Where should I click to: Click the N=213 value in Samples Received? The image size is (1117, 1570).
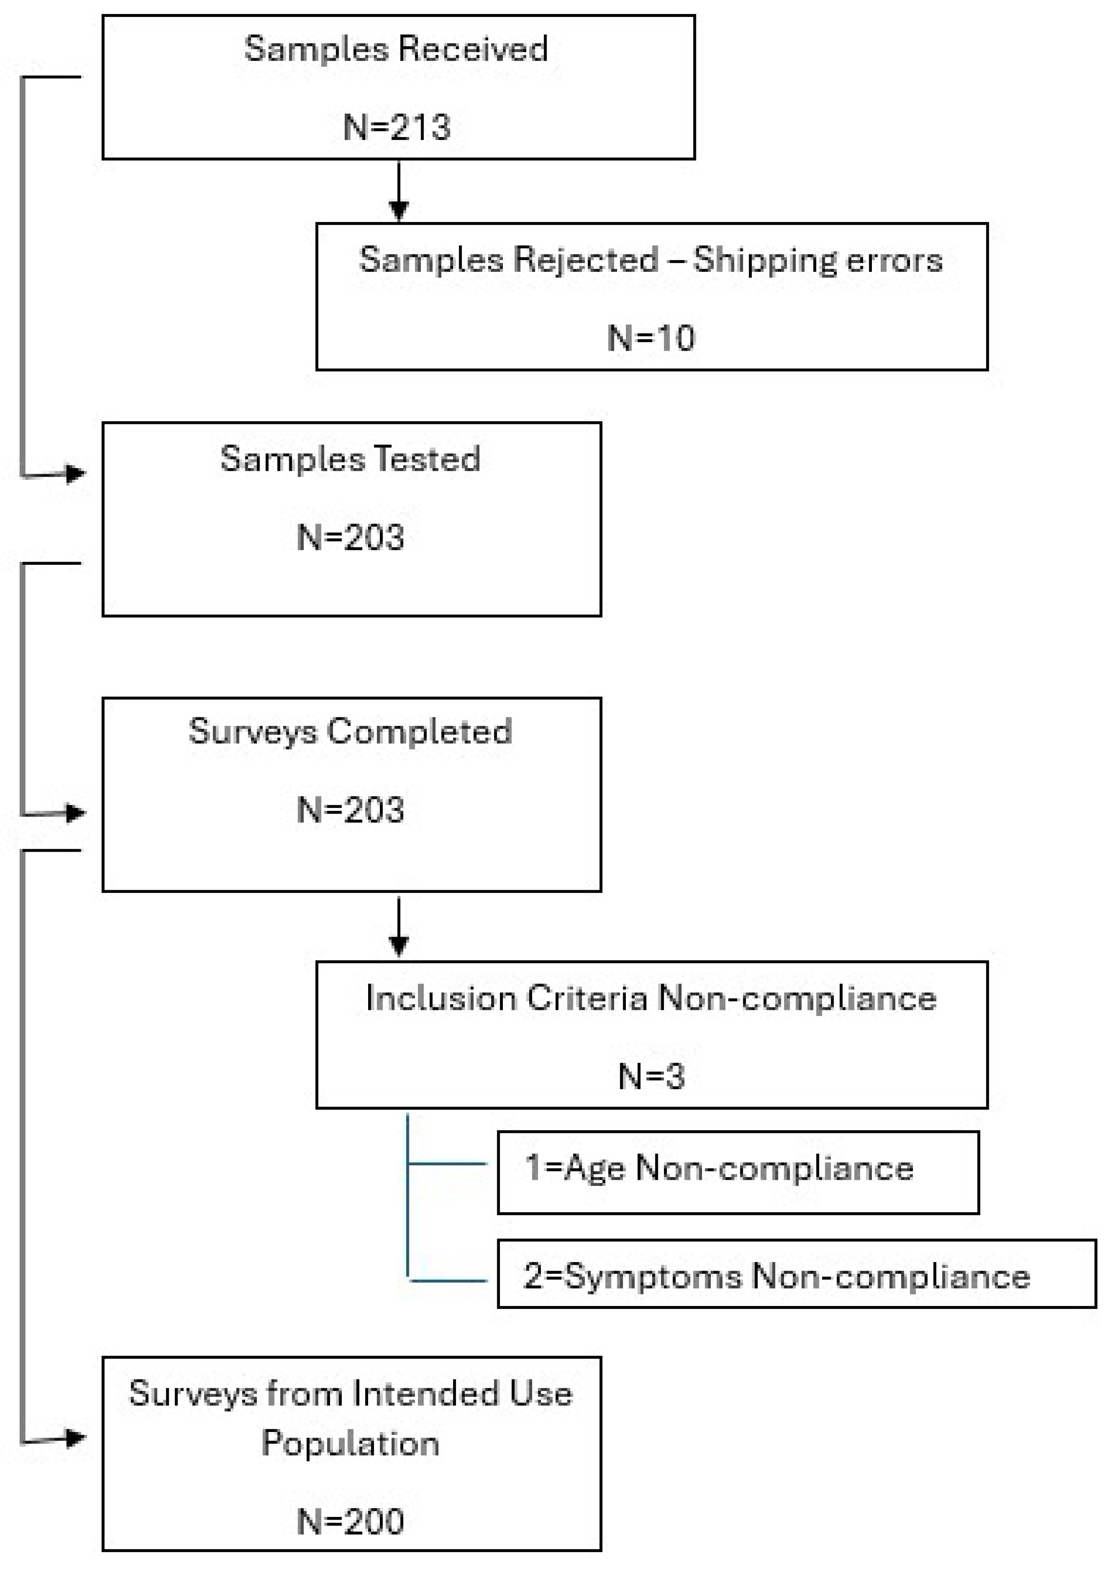[397, 127]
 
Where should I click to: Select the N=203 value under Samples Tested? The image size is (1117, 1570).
[350, 537]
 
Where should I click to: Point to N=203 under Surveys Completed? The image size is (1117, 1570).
[350, 810]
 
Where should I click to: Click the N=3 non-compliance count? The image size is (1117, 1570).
[651, 1076]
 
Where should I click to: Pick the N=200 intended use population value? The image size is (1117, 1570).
[350, 1522]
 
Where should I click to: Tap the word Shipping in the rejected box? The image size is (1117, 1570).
[763, 261]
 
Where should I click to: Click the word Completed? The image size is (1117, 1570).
[419, 731]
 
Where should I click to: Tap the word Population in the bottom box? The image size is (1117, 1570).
[350, 1443]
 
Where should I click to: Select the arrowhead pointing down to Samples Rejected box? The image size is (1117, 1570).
[399, 209]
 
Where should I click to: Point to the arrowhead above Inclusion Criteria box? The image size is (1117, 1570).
[399, 945]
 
